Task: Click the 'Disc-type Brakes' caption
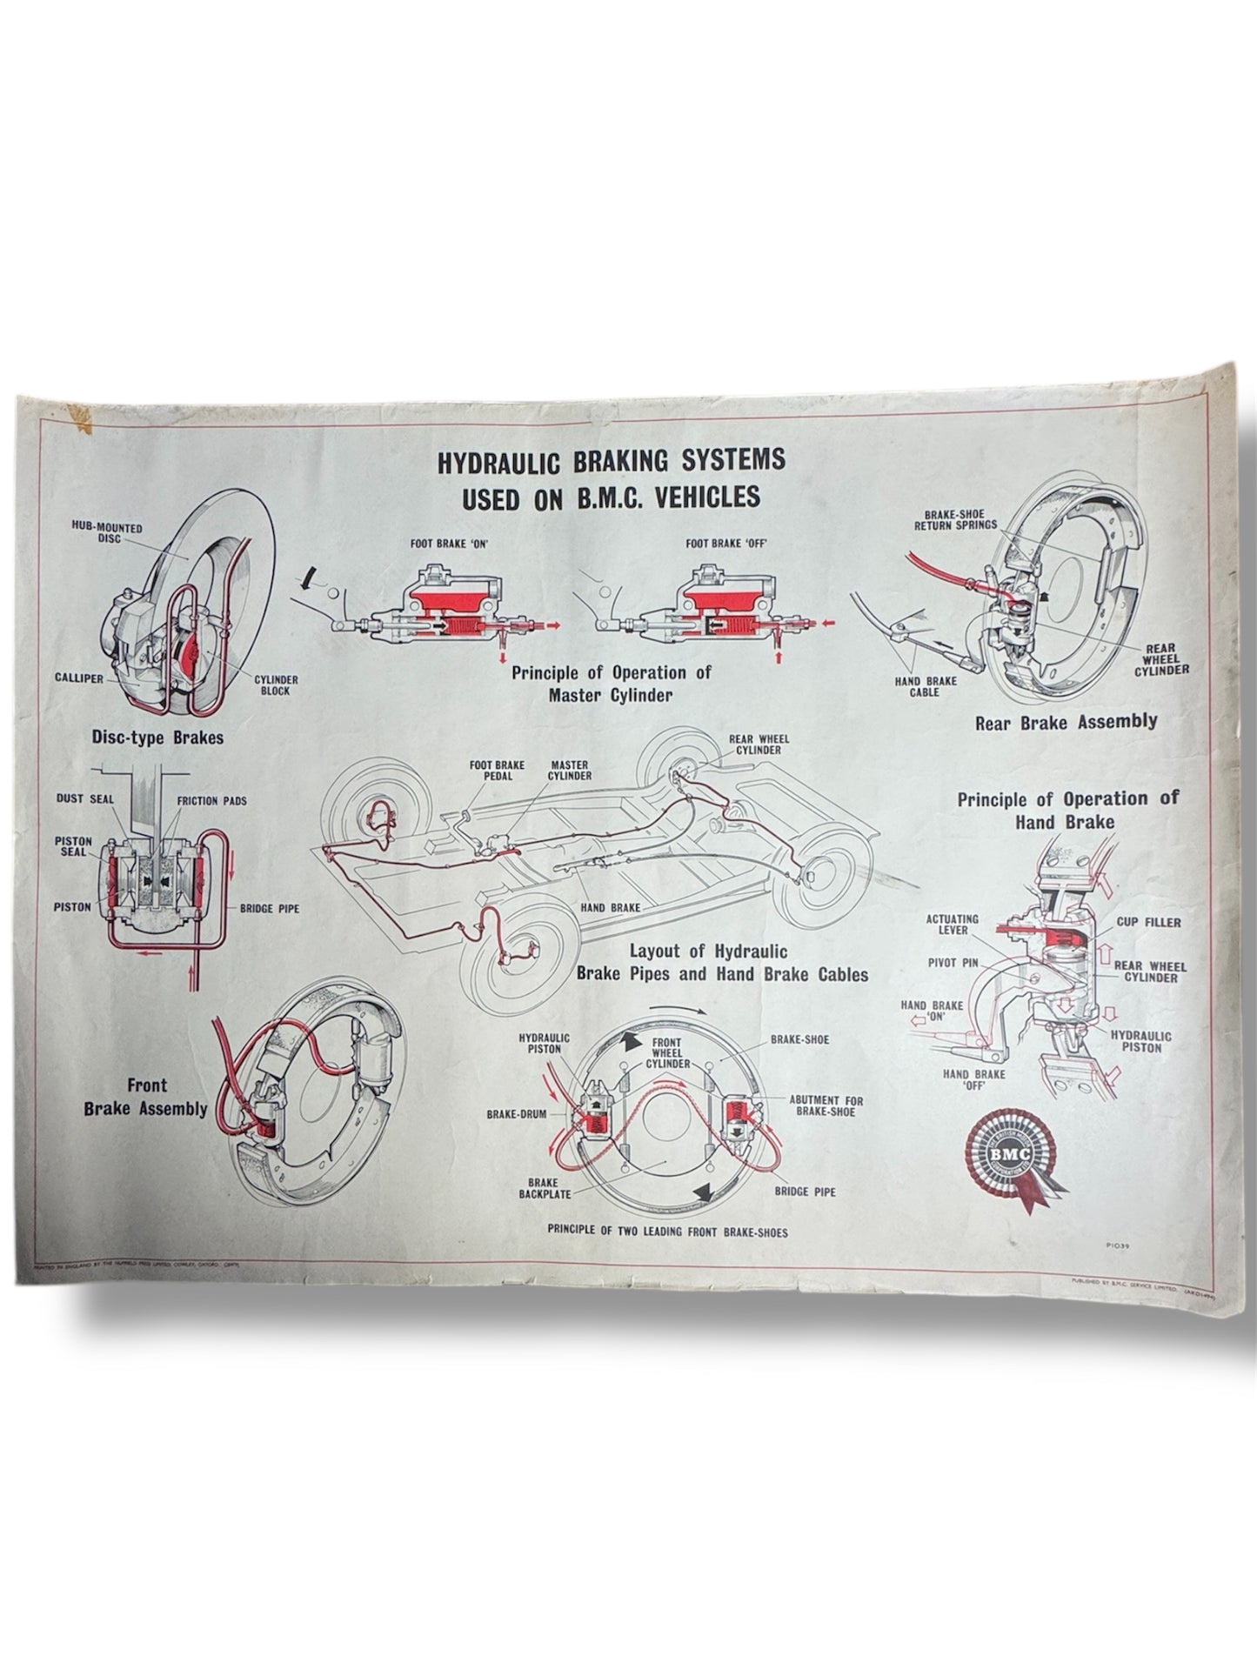(x=157, y=738)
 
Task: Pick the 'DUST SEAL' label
(x=82, y=799)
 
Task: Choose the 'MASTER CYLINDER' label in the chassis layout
(x=569, y=769)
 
